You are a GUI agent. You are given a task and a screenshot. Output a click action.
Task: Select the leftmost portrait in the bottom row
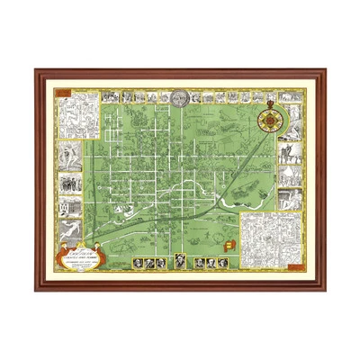click(138, 263)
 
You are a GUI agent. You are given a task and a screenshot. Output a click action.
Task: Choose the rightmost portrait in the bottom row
click(221, 263)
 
